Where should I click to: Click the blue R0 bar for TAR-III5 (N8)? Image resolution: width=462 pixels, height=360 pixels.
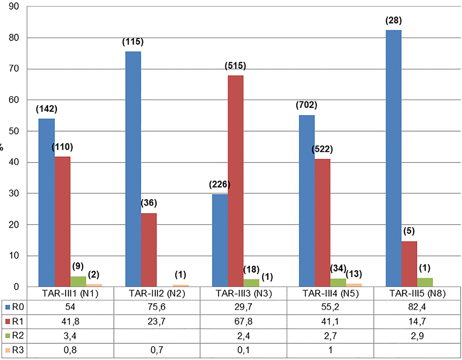393,159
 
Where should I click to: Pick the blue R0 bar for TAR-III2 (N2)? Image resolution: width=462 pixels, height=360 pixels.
133,169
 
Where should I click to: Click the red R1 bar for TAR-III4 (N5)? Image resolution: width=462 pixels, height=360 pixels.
322,223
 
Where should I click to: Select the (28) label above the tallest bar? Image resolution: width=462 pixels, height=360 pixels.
393,21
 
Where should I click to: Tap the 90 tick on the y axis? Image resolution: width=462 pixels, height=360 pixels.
19,7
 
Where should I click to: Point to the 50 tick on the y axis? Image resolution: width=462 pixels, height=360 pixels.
19,132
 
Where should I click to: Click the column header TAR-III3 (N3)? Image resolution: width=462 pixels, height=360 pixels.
244,294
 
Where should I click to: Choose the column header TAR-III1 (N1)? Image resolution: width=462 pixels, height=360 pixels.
70,294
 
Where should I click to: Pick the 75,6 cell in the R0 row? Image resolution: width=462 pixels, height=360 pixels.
157,307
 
